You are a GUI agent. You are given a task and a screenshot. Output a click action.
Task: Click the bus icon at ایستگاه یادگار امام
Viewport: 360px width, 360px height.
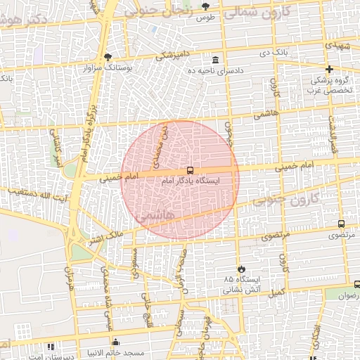(x=190, y=170)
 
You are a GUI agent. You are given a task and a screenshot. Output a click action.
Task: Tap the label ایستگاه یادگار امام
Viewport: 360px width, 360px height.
(x=190, y=181)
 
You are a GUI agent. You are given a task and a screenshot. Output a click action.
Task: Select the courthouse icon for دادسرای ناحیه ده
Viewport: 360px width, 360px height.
(x=214, y=60)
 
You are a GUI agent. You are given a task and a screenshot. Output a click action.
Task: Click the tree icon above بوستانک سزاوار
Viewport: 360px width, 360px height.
(x=108, y=57)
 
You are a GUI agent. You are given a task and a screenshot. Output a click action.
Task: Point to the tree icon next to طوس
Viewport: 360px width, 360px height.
(x=205, y=6)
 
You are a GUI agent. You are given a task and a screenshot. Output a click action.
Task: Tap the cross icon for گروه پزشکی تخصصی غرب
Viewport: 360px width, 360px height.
(x=329, y=69)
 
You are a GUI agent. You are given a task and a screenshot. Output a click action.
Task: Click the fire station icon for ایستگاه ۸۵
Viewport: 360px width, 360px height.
(x=242, y=268)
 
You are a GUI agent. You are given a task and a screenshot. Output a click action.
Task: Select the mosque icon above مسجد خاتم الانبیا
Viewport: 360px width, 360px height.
(x=115, y=342)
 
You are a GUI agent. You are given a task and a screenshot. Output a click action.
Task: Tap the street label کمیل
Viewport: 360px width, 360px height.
(x=278, y=291)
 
